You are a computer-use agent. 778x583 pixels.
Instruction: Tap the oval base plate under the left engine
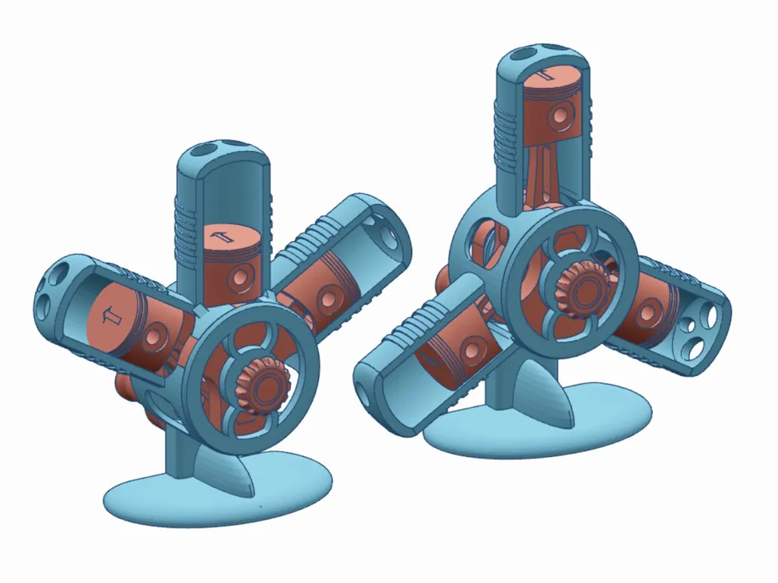(218, 498)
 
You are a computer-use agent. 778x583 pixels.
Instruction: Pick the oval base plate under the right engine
(545, 424)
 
